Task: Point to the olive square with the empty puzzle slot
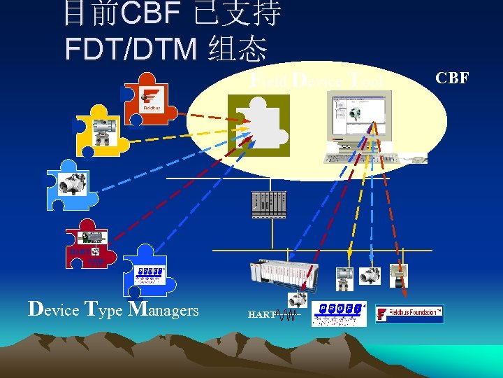(258, 125)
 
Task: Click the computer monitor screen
(360, 116)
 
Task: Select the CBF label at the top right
(452, 78)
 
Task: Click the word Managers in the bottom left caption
(164, 309)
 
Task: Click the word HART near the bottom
(261, 315)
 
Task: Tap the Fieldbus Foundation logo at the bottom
(409, 314)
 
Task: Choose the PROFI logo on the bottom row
(339, 313)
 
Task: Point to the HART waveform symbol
(287, 316)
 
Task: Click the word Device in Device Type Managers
(53, 309)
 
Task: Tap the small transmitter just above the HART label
(297, 300)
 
